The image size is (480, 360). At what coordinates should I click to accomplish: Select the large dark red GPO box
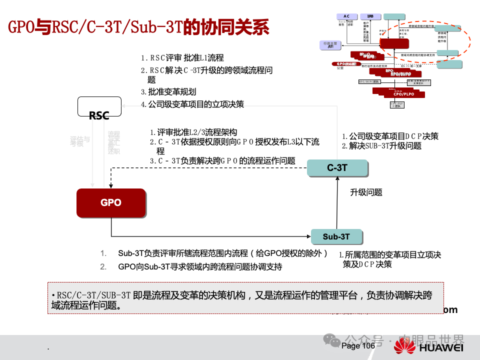click(111, 203)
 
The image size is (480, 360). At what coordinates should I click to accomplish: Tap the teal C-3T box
click(337, 168)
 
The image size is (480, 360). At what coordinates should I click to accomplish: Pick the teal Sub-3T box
click(336, 236)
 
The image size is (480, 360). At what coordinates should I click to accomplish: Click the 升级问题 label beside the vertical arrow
click(366, 192)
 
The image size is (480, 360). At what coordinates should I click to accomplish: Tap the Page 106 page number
click(358, 346)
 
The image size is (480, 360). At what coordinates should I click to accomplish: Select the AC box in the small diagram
click(346, 16)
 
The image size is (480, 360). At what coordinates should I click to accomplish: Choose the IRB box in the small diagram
click(370, 16)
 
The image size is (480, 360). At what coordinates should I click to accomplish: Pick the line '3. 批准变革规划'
click(168, 92)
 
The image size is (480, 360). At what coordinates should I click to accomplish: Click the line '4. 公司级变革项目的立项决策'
click(192, 104)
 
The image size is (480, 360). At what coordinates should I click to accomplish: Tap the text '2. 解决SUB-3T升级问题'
click(381, 146)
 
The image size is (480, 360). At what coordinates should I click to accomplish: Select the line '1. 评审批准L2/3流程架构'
click(193, 132)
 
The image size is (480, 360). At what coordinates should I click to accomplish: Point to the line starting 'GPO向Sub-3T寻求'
click(200, 267)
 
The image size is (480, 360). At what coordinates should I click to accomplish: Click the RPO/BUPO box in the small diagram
click(400, 73)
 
